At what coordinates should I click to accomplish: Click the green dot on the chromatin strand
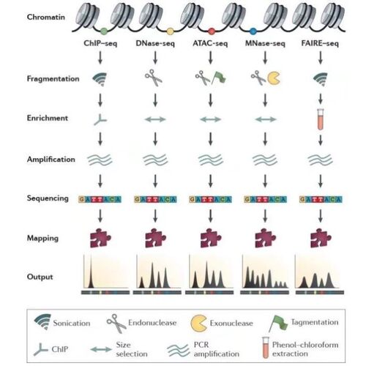click(x=104, y=31)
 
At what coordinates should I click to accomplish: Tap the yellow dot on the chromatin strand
click(x=170, y=31)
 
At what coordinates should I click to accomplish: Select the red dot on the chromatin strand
click(x=212, y=31)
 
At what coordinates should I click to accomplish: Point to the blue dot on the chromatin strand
click(x=253, y=31)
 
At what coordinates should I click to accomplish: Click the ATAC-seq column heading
click(x=210, y=44)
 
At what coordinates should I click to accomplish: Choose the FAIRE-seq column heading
click(x=320, y=44)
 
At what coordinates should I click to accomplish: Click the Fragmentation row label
click(x=53, y=79)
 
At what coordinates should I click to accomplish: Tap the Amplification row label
click(x=51, y=160)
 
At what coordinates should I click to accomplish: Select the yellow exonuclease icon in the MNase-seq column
click(x=274, y=78)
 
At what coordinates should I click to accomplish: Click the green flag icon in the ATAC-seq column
click(x=219, y=78)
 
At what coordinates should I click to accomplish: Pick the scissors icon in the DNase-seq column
click(x=154, y=78)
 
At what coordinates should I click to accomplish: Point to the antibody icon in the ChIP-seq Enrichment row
click(x=100, y=119)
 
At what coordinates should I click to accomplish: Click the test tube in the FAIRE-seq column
click(x=320, y=119)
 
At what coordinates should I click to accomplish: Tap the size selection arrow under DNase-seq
click(x=155, y=119)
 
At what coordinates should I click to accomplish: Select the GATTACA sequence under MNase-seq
click(x=265, y=199)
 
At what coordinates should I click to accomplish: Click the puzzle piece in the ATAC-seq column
click(x=211, y=238)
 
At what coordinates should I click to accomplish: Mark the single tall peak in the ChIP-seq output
click(x=91, y=272)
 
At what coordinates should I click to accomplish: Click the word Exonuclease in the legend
click(x=231, y=324)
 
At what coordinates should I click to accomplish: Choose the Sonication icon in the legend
click(x=43, y=321)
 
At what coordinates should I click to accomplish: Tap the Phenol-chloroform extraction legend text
click(x=305, y=349)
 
